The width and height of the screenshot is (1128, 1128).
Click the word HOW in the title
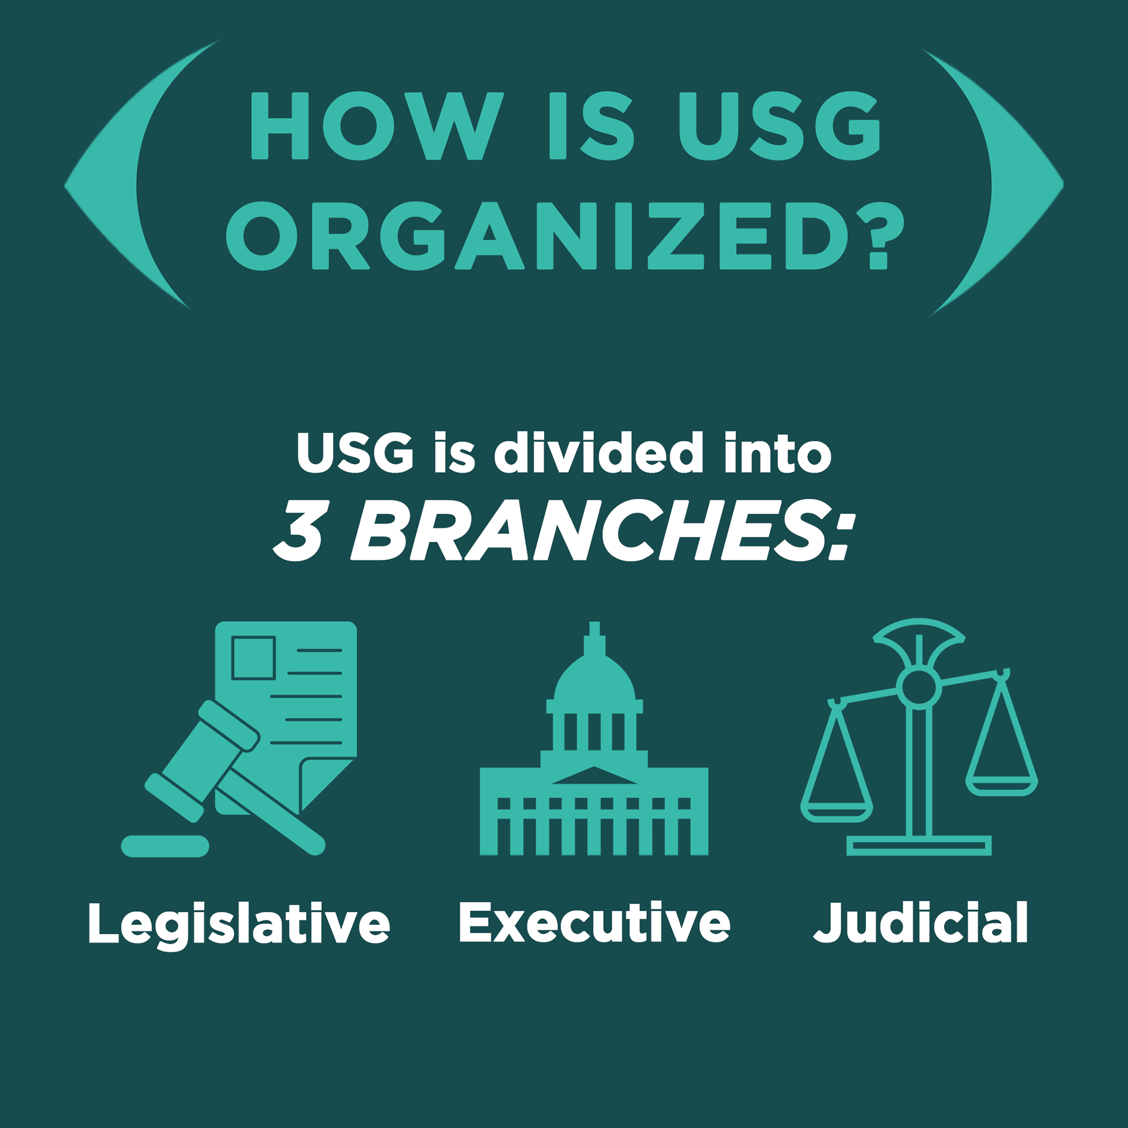pos(376,126)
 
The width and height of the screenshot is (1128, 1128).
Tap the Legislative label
pos(239,924)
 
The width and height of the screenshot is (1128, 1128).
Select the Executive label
pos(594,923)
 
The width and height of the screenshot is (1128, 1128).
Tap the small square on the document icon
pos(253,657)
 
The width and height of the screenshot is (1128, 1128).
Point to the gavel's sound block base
pos(165,846)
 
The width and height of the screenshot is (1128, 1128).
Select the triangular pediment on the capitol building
pos(594,776)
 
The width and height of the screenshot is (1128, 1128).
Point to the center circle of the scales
pos(919,688)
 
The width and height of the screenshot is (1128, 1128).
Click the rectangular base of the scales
pos(919,845)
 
